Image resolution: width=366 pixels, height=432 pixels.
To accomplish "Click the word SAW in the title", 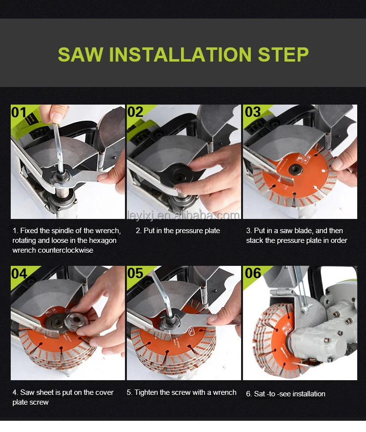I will (81, 54).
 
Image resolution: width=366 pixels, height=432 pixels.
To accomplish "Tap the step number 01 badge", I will (19, 112).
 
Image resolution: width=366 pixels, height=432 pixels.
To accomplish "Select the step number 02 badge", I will (135, 112).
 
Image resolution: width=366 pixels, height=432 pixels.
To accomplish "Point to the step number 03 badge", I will (252, 112).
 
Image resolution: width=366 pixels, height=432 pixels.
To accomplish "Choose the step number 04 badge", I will (19, 274).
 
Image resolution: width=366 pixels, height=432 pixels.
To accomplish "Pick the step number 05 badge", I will (135, 274).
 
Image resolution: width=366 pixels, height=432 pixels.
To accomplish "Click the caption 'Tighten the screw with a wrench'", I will (181, 392).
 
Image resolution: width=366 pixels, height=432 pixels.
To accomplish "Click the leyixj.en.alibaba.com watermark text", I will (183, 215).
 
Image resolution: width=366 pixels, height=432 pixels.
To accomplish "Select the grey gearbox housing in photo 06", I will (312, 337).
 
